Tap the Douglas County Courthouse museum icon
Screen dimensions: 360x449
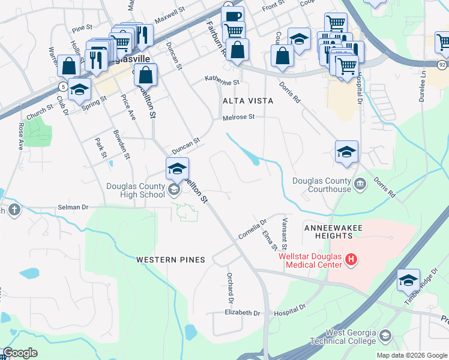(x=360, y=184)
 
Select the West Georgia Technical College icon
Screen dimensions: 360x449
(x=385, y=335)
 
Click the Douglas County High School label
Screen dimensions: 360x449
(x=136, y=190)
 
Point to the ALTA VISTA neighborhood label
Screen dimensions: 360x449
(x=248, y=101)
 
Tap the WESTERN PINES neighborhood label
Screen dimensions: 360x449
(x=170, y=260)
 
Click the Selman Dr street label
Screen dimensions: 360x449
(x=73, y=207)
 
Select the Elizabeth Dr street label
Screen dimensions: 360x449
(x=243, y=313)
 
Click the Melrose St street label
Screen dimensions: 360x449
(x=239, y=118)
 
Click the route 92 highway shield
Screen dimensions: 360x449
(x=441, y=64)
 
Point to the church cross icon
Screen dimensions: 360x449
(x=14, y=210)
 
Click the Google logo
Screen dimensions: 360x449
(x=20, y=353)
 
